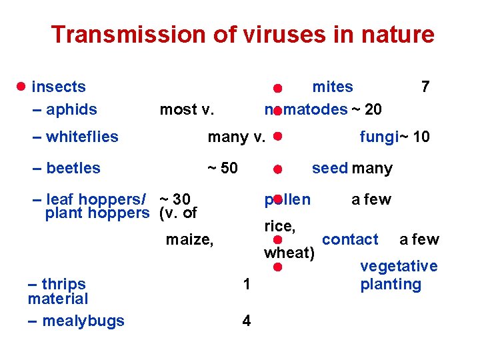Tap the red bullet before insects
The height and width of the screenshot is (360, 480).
(x=21, y=87)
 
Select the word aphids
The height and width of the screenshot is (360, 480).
(x=72, y=109)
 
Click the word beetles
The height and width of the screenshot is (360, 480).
(x=73, y=168)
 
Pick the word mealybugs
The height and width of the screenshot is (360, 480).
(x=83, y=321)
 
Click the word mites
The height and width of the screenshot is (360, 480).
(x=333, y=87)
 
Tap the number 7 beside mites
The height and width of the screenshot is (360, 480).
(x=425, y=87)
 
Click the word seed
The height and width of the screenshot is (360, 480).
(x=329, y=168)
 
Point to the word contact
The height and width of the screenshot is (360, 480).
(x=350, y=239)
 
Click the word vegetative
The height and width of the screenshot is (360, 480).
(x=399, y=267)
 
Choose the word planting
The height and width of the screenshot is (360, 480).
(x=391, y=285)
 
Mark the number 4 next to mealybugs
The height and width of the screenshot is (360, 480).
(x=247, y=321)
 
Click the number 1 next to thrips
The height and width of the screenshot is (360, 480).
(x=247, y=285)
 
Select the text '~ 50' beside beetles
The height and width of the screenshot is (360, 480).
(x=222, y=168)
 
